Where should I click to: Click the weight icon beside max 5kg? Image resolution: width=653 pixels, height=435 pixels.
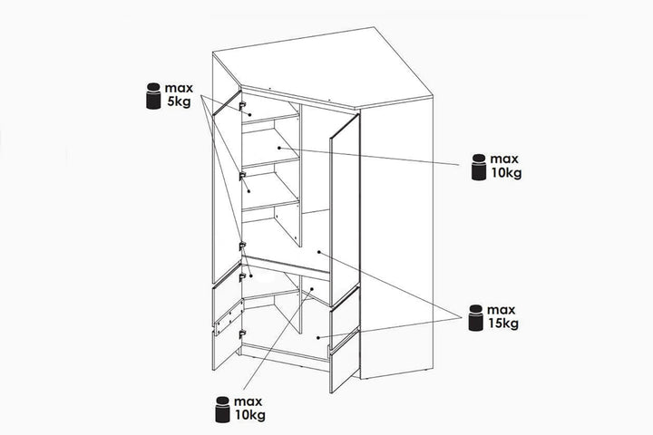[x=153, y=96]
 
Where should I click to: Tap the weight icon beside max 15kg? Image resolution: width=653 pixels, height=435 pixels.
[x=475, y=317]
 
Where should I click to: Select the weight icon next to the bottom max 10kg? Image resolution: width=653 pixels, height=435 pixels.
[x=223, y=410]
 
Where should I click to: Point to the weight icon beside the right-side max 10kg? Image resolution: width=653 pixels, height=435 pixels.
[x=479, y=167]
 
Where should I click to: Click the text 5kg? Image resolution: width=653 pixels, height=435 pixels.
[x=179, y=101]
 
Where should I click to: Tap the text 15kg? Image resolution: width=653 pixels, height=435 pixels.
[x=503, y=324]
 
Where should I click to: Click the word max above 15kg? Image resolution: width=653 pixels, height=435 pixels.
[x=501, y=310]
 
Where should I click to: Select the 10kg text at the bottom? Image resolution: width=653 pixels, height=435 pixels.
[x=250, y=415]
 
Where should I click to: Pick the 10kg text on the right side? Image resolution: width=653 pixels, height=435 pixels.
[x=506, y=172]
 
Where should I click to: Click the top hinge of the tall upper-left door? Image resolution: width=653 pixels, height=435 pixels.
[x=242, y=106]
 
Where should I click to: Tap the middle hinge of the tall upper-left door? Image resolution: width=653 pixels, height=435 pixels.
[x=242, y=177]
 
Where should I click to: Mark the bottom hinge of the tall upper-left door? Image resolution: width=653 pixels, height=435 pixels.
[x=242, y=246]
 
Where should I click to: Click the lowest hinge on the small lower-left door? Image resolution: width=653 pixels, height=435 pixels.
[x=241, y=333]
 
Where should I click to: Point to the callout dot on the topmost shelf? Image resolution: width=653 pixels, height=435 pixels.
[x=250, y=115]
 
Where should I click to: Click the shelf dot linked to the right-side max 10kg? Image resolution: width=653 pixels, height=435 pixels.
[x=279, y=148]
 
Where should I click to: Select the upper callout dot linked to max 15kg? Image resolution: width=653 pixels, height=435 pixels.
[x=319, y=252]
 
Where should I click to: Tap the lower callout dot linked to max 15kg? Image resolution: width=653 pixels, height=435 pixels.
[x=318, y=338]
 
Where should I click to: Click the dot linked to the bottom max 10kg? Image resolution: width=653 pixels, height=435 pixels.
[x=312, y=289]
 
